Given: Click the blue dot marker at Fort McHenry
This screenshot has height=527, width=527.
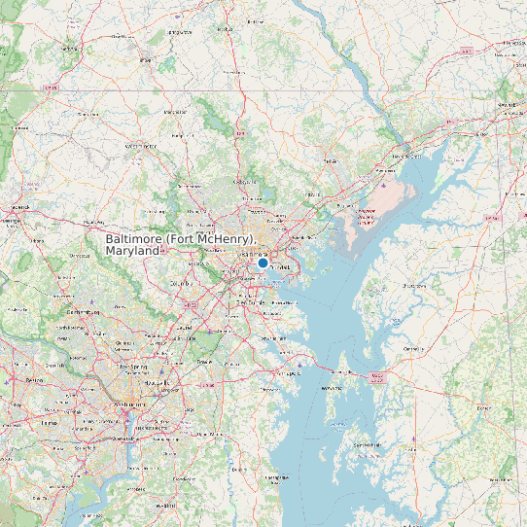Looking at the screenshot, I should coord(263,263).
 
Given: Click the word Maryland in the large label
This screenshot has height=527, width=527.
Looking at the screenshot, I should coord(132,251).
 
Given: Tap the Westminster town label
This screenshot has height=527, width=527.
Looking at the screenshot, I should coord(141,146).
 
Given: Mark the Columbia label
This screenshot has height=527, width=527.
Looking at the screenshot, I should coord(178,284).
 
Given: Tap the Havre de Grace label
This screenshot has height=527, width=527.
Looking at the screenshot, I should coord(401,156).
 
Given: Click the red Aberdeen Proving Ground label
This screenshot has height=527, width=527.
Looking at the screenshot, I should coord(366,215).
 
